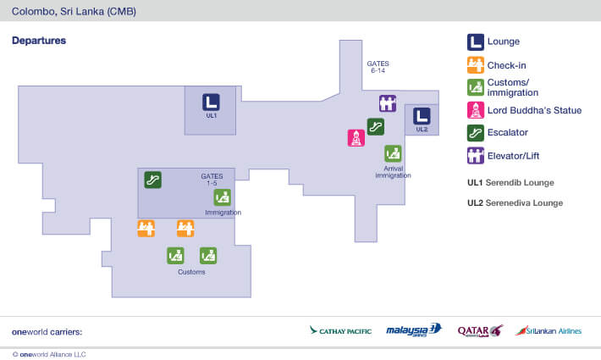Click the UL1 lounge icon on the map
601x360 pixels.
[x=211, y=102]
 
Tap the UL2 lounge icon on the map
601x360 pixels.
[x=422, y=116]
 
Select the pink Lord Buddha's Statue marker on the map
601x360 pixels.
[x=356, y=138]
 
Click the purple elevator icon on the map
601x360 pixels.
[x=388, y=103]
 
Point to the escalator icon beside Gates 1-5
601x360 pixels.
[x=152, y=179]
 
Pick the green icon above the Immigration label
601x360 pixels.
[x=222, y=197]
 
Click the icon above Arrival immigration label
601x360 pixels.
[x=393, y=153]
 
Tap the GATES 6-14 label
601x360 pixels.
[x=378, y=67]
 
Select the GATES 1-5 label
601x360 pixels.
[x=212, y=180]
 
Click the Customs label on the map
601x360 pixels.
[x=191, y=272]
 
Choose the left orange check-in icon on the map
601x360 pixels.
[x=146, y=228]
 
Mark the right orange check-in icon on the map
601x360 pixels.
[x=185, y=228]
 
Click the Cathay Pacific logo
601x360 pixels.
[x=340, y=330]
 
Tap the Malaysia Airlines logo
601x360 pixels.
[x=414, y=330]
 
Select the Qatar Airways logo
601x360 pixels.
[x=480, y=330]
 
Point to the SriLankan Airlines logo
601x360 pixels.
[x=549, y=330]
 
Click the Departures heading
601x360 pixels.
[x=39, y=41]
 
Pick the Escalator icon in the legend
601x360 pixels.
[x=476, y=133]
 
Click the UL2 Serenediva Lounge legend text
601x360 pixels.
[x=515, y=203]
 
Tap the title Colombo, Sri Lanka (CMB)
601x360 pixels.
[x=74, y=12]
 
